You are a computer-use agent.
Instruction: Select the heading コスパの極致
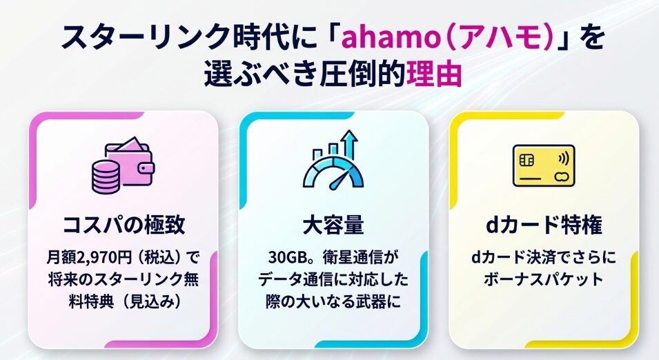coord(124,224)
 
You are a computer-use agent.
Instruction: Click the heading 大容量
coord(333,224)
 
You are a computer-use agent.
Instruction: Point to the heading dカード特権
coord(544,224)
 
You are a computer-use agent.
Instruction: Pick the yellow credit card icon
coord(544,166)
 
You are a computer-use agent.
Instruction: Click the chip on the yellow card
coord(527,160)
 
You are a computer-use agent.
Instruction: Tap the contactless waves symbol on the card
coord(563,159)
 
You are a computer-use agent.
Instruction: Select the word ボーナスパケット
coord(544,279)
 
